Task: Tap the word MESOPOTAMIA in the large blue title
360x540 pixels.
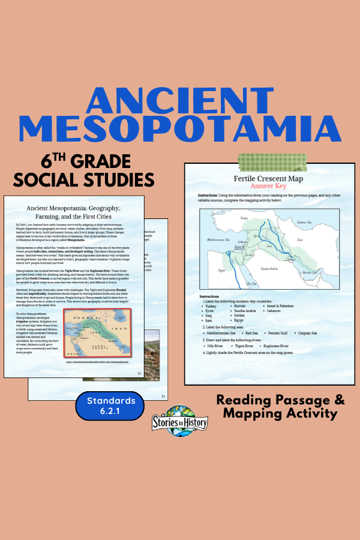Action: coord(179,130)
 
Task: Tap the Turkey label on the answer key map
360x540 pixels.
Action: coord(244,218)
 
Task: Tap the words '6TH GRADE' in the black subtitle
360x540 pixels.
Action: coord(86,161)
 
